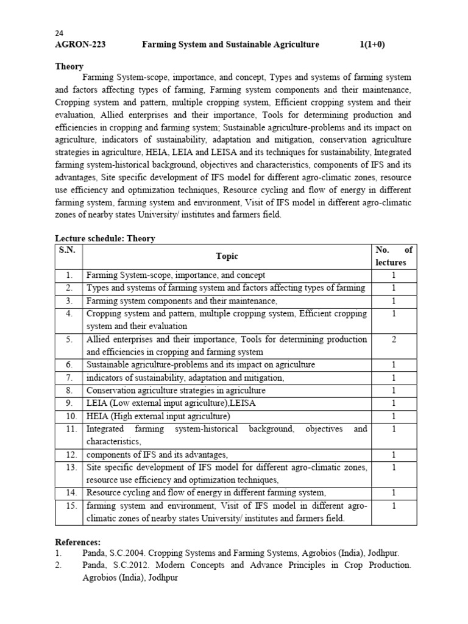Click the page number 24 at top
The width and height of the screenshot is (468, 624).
[59, 34]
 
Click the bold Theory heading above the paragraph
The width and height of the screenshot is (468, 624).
[69, 66]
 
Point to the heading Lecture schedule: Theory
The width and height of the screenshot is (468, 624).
[105, 238]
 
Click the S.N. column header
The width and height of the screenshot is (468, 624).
[68, 250]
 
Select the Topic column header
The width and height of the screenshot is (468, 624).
[227, 257]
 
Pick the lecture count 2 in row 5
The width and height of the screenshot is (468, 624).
[394, 339]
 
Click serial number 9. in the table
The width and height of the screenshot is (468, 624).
[69, 403]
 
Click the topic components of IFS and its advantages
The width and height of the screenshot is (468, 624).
[157, 455]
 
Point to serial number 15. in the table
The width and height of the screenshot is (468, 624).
[69, 506]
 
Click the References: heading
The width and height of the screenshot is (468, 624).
[78, 542]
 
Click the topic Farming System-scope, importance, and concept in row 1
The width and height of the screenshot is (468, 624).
[176, 275]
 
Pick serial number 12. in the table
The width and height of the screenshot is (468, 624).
[69, 455]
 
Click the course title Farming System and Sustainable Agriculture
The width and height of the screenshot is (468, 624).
[230, 44]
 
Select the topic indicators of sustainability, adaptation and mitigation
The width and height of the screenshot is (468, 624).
[185, 378]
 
